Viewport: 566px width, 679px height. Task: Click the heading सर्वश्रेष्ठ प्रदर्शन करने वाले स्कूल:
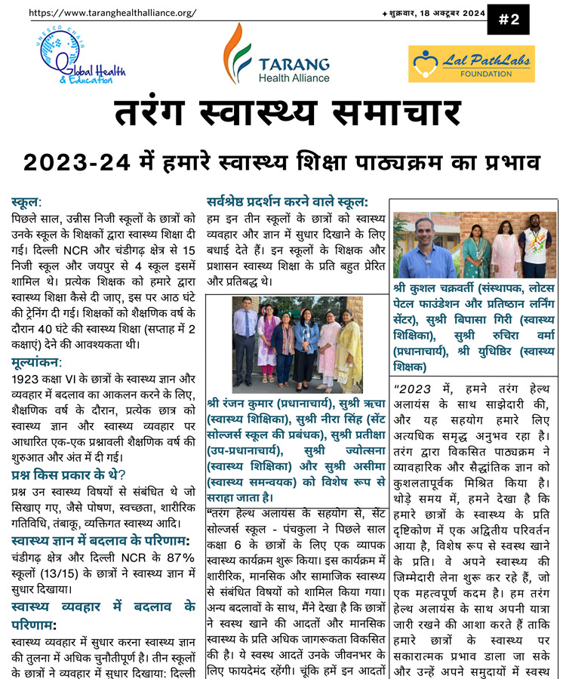(288, 201)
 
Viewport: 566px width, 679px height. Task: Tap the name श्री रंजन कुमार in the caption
(245, 401)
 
